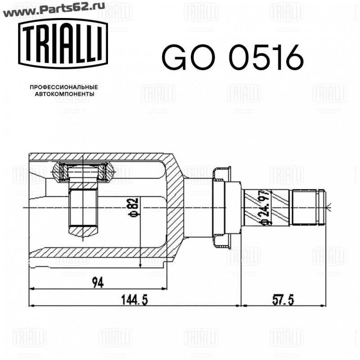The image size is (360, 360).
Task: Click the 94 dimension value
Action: pyautogui.click(x=98, y=283)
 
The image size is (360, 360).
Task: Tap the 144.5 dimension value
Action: pyautogui.click(x=135, y=300)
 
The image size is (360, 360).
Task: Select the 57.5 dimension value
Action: pyautogui.click(x=283, y=300)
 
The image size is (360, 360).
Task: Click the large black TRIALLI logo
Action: pyautogui.click(x=63, y=44)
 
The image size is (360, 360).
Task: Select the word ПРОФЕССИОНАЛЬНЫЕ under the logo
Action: pyautogui.click(x=64, y=87)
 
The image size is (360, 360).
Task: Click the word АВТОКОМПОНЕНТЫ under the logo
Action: pyautogui.click(x=64, y=94)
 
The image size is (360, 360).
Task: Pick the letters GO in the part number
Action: pyautogui.click(x=189, y=57)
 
